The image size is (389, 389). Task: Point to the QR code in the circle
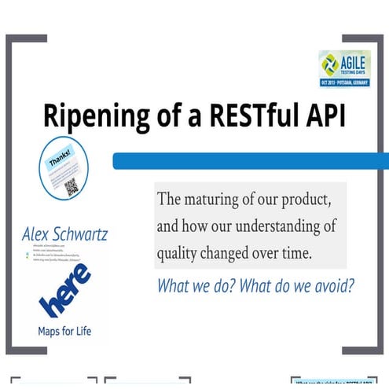72,186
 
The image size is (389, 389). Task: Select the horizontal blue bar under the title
251,161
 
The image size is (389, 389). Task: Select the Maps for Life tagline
64,331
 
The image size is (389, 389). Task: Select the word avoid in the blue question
331,285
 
